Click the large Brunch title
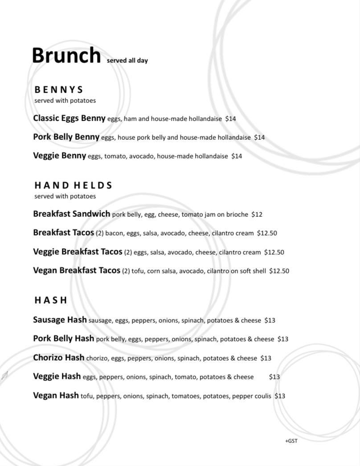pyautogui.click(x=66, y=56)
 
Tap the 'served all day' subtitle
pyautogui.click(x=127, y=61)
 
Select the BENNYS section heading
pyautogui.click(x=59, y=89)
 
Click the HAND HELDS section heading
pyautogui.click(x=73, y=185)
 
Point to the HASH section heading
pyautogui.click(x=51, y=300)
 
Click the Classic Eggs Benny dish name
pyautogui.click(x=69, y=118)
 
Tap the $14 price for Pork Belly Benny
pyautogui.click(x=259, y=138)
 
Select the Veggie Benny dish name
pyautogui.click(x=59, y=156)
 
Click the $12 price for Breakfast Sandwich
pyautogui.click(x=257, y=215)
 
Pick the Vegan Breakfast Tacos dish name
pyautogui.click(x=77, y=270)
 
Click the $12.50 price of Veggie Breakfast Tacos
pyautogui.click(x=274, y=252)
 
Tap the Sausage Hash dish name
pyautogui.click(x=60, y=320)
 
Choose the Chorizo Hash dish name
pyautogui.click(x=58, y=357)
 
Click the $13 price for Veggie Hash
pyautogui.click(x=274, y=377)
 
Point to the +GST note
pyautogui.click(x=291, y=441)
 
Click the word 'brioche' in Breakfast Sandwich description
pyautogui.click(x=237, y=215)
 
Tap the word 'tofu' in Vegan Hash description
pyautogui.click(x=86, y=396)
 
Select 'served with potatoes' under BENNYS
pyautogui.click(x=65, y=101)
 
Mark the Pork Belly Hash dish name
pyautogui.click(x=63, y=338)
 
